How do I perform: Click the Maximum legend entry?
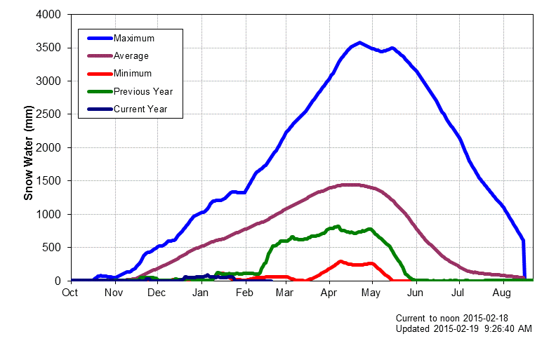tap(133, 38)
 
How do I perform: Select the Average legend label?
tap(131, 55)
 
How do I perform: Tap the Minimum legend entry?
tap(132, 73)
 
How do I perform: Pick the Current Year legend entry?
tap(140, 109)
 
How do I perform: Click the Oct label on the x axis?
tap(71, 292)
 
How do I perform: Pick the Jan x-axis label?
tap(201, 292)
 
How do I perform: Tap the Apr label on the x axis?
tap(329, 292)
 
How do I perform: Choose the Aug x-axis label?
tap(502, 292)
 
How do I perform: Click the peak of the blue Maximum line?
tap(359, 43)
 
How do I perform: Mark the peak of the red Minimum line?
tap(341, 262)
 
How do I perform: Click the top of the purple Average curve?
tap(349, 185)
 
